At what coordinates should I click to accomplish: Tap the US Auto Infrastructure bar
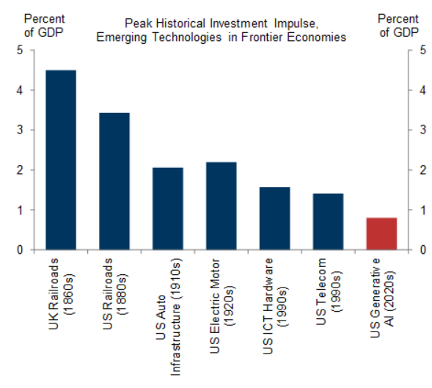pyautogui.click(x=167, y=209)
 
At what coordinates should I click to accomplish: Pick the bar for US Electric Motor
pyautogui.click(x=221, y=206)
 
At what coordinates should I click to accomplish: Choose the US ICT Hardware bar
pyautogui.click(x=274, y=219)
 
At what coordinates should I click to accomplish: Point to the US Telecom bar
pyautogui.click(x=328, y=222)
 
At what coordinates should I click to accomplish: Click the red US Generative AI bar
pyautogui.click(x=381, y=234)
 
